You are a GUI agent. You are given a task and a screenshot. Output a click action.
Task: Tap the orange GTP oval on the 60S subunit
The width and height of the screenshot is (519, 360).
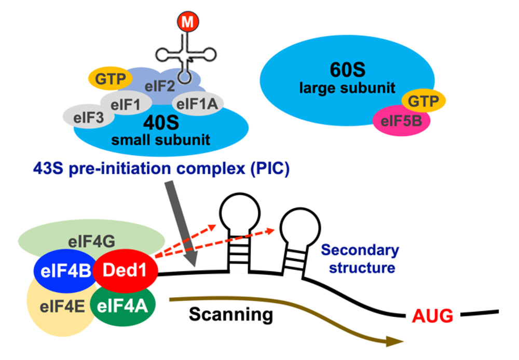[x=420, y=101]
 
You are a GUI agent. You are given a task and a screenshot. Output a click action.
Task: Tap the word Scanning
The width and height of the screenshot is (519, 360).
[x=230, y=314]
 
